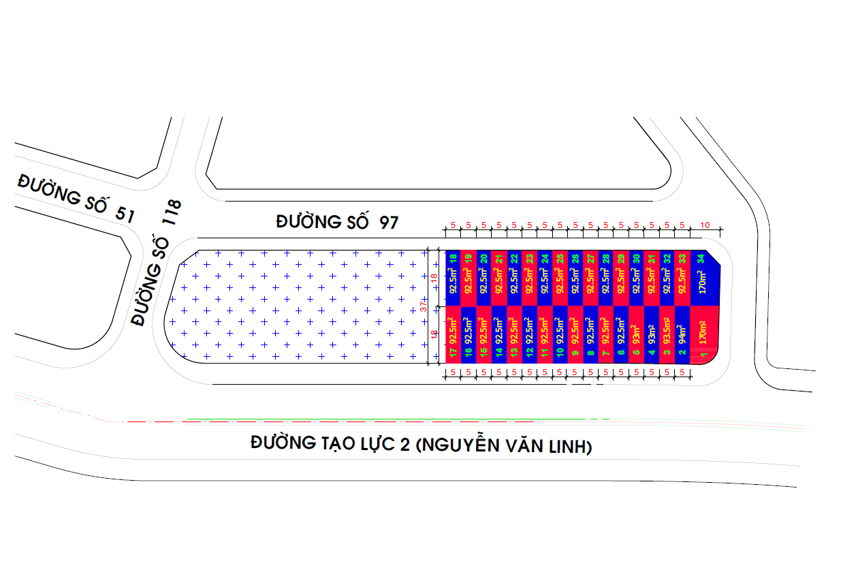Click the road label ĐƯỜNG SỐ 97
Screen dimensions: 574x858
(337, 222)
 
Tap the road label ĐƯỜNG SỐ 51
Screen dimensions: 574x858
(76, 198)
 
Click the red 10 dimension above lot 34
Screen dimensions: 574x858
(705, 225)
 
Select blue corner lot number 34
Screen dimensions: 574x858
(701, 259)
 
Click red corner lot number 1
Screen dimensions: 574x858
(704, 354)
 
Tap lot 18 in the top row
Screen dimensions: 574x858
(453, 259)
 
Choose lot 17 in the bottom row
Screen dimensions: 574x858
(453, 353)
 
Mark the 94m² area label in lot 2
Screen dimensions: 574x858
(682, 334)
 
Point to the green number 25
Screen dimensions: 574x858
(560, 259)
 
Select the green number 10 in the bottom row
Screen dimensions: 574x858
(560, 353)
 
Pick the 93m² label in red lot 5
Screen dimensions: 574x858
(636, 334)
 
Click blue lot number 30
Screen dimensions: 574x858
(636, 259)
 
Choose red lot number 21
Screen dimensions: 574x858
(499, 259)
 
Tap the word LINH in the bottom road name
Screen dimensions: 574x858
(572, 447)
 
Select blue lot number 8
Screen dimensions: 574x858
(590, 353)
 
